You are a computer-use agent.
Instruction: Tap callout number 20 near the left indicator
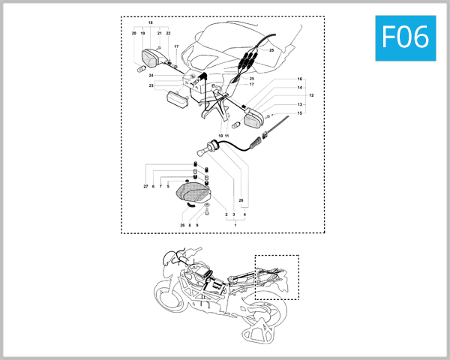click(x=133, y=34)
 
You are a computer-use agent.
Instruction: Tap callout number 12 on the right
click(x=311, y=96)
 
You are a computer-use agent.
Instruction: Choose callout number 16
click(x=299, y=79)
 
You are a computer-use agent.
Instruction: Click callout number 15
click(x=299, y=113)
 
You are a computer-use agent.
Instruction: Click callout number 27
click(x=145, y=186)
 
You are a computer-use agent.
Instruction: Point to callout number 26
click(x=182, y=225)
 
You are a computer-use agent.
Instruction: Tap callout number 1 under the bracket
click(x=235, y=225)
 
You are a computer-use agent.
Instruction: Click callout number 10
click(x=220, y=136)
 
